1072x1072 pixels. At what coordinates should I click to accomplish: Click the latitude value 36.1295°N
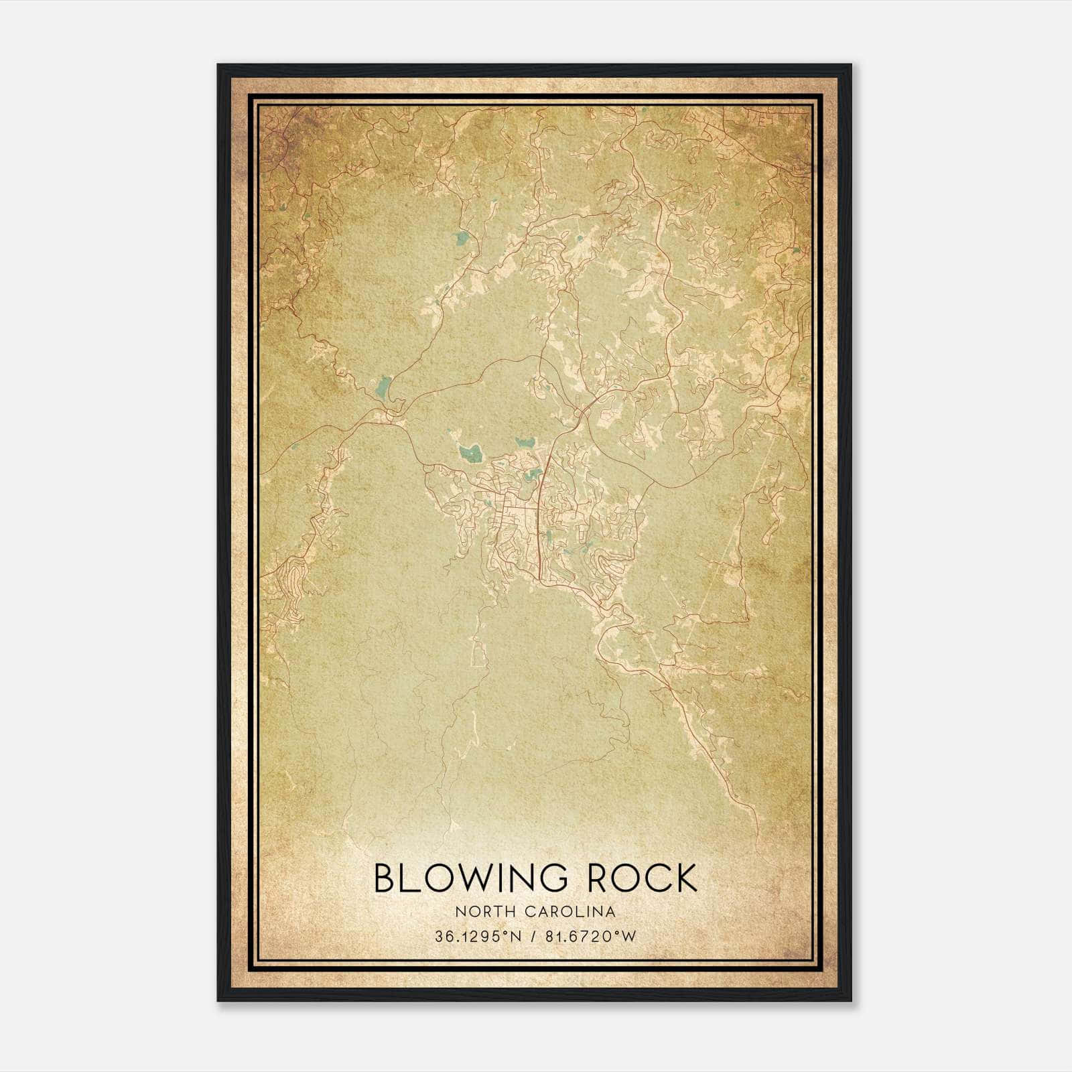[x=477, y=937]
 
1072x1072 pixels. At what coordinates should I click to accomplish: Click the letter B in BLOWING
[x=387, y=878]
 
